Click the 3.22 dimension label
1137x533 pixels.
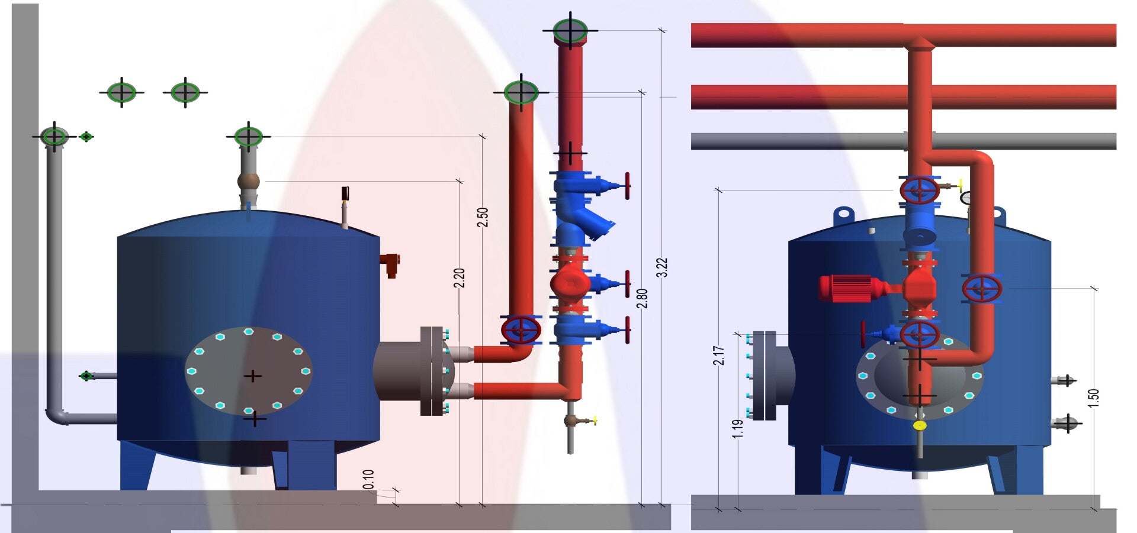click(x=663, y=267)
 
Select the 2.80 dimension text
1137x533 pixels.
click(x=642, y=298)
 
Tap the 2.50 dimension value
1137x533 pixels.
click(x=483, y=217)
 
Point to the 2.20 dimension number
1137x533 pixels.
click(x=459, y=278)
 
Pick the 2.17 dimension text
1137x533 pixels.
click(x=719, y=355)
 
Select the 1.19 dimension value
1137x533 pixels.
click(x=737, y=429)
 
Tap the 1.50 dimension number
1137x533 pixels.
click(x=1094, y=398)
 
